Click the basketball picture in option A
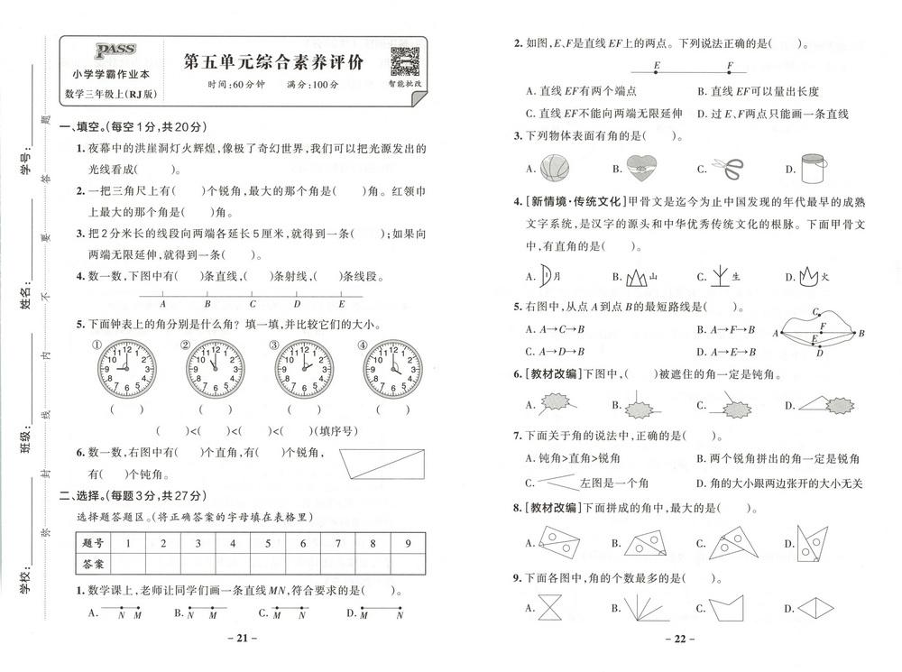tap(556, 168)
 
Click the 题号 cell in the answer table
tap(93, 543)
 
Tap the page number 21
tap(241, 640)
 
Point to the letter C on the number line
tap(253, 305)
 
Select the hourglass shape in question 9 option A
tap(549, 609)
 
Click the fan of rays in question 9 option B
tap(642, 607)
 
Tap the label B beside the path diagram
tap(861, 333)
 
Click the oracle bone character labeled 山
tap(636, 277)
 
